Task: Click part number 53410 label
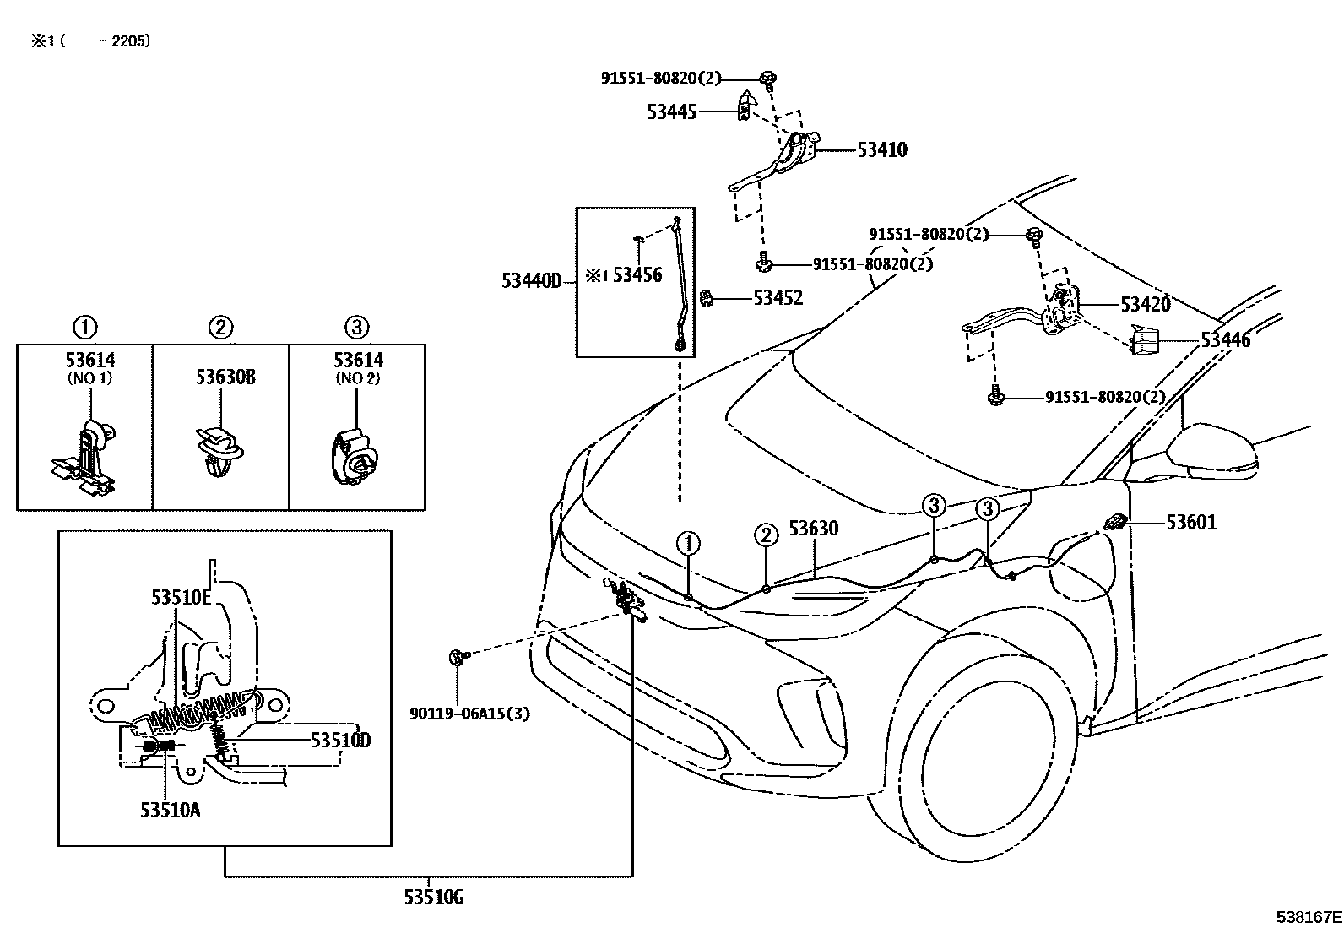click(882, 150)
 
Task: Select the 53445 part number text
click(672, 111)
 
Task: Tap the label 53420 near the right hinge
click(1146, 305)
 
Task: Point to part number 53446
click(1226, 341)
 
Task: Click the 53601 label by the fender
click(1191, 523)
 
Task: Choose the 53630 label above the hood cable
click(814, 529)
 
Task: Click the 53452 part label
click(778, 298)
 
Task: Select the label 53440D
click(531, 281)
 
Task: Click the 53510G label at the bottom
click(433, 898)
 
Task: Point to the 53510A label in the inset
click(171, 811)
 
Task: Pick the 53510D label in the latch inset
click(340, 741)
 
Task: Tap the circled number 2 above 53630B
click(220, 328)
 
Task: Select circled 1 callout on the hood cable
click(688, 543)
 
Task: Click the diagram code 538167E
click(1309, 916)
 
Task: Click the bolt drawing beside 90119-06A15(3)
click(457, 656)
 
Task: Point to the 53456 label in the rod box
click(637, 275)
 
